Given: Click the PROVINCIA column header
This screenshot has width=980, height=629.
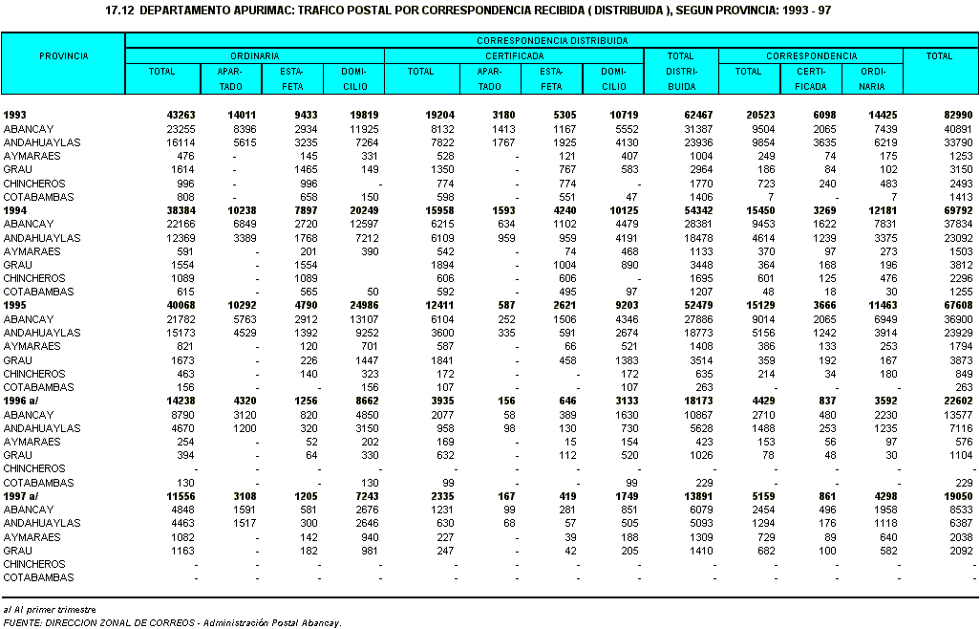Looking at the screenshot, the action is [64, 56].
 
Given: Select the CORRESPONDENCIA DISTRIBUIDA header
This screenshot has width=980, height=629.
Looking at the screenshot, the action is [552, 41].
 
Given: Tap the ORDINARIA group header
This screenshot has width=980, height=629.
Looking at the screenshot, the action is [254, 55].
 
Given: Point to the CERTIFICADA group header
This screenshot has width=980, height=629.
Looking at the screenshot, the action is [515, 55].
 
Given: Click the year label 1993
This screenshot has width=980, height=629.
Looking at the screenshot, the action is [15, 115].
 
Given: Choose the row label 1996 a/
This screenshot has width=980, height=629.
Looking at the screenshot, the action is [21, 401].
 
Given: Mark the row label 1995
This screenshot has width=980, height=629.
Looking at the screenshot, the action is [15, 305].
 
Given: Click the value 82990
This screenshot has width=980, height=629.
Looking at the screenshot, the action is [958, 115].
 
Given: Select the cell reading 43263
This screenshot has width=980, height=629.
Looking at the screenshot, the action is [181, 115].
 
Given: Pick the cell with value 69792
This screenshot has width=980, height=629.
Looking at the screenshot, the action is [958, 210].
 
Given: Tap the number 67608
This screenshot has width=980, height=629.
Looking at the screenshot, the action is [958, 305].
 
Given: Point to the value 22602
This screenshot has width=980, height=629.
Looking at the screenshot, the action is [958, 401].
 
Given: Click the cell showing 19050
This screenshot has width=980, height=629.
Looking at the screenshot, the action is [958, 496].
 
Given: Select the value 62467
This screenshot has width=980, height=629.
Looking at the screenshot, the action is [698, 115].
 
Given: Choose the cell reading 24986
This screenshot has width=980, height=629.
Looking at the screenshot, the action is [364, 305].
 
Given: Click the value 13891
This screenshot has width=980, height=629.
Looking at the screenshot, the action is [698, 496].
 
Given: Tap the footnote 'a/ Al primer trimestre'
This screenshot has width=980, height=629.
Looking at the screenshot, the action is [50, 610].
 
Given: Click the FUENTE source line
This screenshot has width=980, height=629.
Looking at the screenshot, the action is [173, 622].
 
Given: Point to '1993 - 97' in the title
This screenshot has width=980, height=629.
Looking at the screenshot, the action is [807, 11].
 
